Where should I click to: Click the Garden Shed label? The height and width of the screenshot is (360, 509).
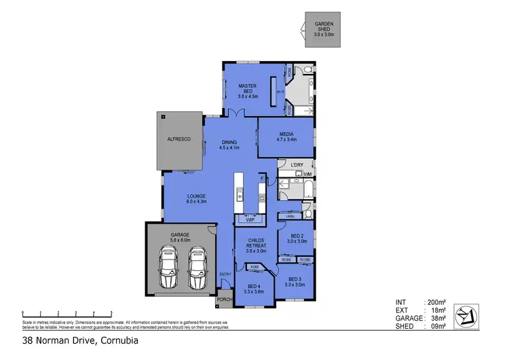[x=323, y=28]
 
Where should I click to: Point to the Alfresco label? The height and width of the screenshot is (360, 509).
[x=179, y=139]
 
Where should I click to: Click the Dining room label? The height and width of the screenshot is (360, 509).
[x=228, y=145]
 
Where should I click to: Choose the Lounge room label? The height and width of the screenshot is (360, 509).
[x=196, y=198]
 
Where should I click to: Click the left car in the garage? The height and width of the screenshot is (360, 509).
[x=167, y=268]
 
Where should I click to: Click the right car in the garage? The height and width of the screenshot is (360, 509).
[x=197, y=268]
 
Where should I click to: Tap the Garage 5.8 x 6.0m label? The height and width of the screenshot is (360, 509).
[x=180, y=237]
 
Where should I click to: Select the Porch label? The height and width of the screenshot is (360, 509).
[x=224, y=300]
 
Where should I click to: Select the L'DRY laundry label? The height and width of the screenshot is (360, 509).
[x=296, y=165]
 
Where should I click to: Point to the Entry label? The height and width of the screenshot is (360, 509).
[x=225, y=274]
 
